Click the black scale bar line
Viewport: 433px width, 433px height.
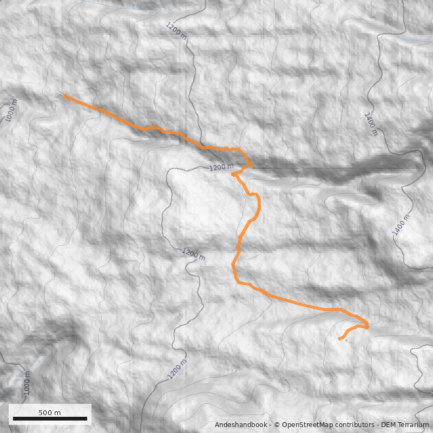(50, 418)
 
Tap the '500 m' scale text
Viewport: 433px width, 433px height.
(50, 412)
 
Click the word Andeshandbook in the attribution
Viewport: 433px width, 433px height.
(241, 425)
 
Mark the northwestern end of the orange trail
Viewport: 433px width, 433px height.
(65, 95)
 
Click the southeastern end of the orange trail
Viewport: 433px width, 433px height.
(339, 339)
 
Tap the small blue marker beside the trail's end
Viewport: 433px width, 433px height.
(346, 341)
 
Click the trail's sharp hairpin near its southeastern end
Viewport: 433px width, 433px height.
(368, 326)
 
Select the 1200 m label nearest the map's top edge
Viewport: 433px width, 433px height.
(177, 31)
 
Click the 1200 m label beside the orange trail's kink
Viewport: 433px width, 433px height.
(221, 168)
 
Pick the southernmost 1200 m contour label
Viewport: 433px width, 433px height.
(177, 369)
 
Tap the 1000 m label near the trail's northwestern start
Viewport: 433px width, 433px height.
(11, 111)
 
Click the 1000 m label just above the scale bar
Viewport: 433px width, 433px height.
(27, 384)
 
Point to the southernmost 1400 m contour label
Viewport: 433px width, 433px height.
(401, 225)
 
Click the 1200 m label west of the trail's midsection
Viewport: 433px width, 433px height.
(193, 253)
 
